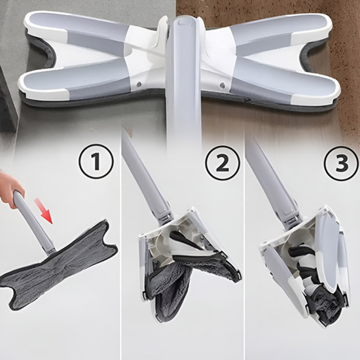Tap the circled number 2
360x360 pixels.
(222, 162)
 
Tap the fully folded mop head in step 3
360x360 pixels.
(308, 268)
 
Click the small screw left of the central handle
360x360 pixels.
(141, 84)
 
